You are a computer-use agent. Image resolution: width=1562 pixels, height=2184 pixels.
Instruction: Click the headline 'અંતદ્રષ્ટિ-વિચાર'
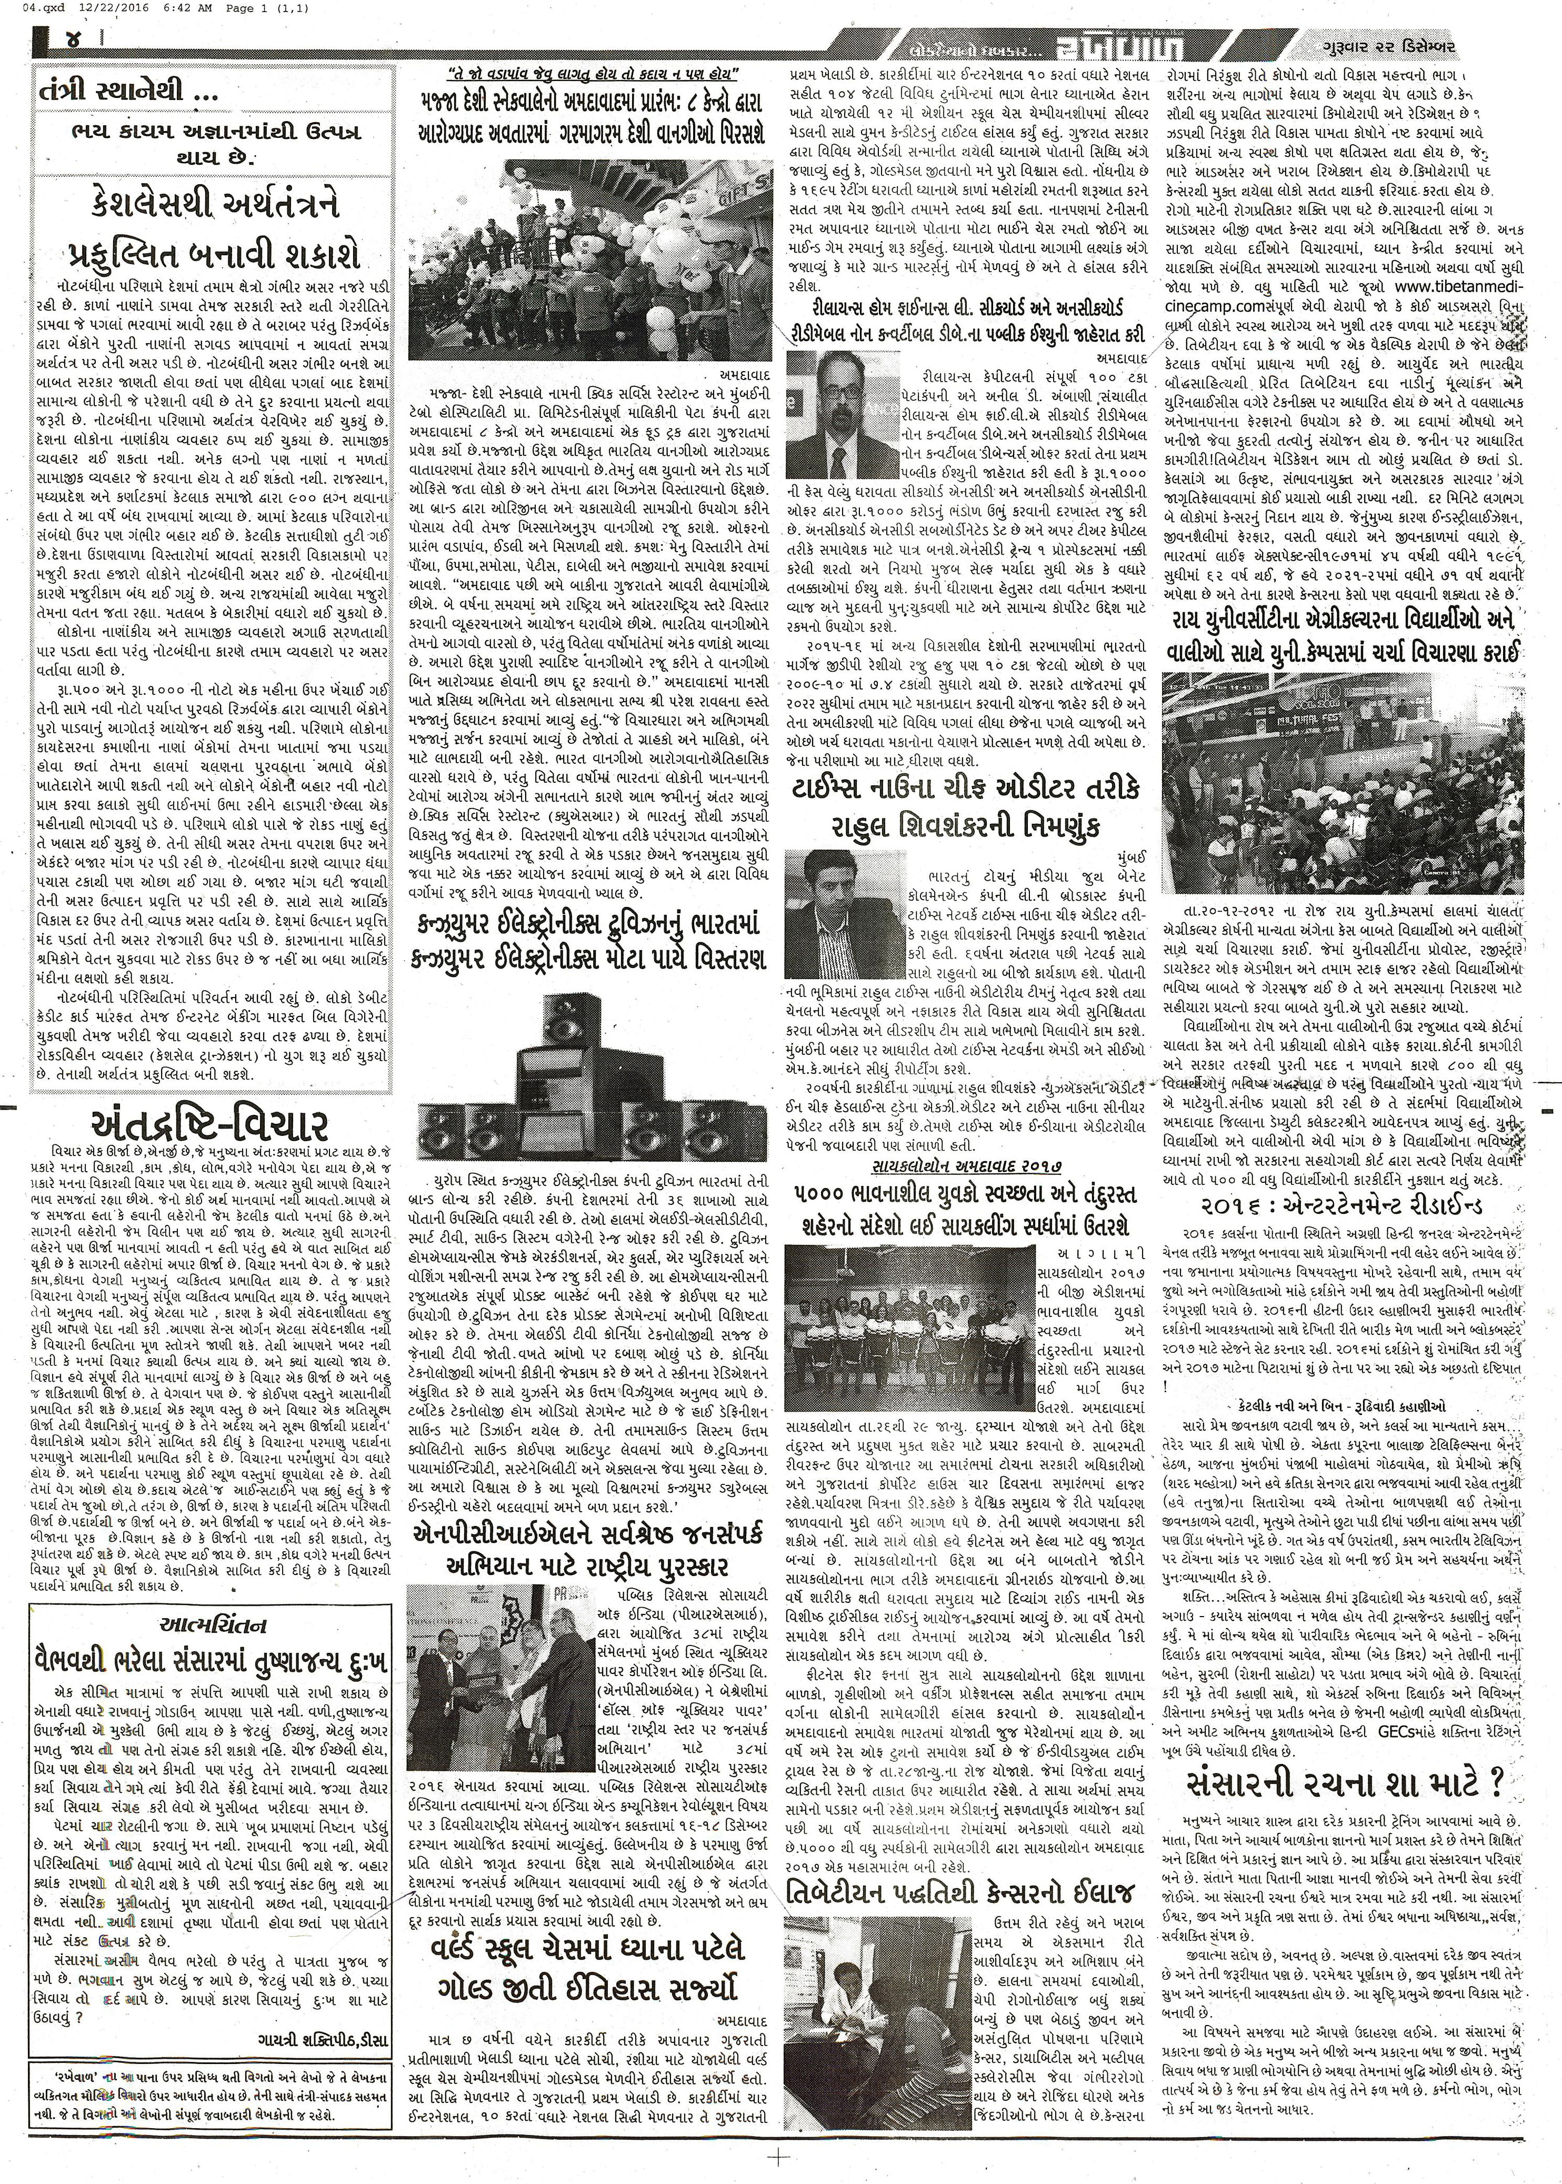click(209, 1124)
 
